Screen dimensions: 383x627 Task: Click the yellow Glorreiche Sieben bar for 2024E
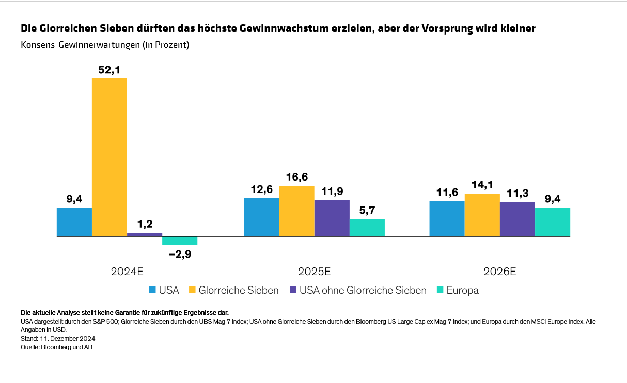point(109,157)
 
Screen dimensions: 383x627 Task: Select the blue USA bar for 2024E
point(74,222)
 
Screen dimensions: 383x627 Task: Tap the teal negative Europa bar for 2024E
point(180,241)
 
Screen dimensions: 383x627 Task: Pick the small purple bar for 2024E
point(145,234)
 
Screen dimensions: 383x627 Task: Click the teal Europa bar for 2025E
point(367,228)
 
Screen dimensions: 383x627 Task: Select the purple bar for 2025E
point(332,218)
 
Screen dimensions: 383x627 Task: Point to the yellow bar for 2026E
point(482,215)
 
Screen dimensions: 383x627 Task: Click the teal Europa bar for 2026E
point(553,222)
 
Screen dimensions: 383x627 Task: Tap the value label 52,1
point(109,69)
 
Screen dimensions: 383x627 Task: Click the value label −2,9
point(180,253)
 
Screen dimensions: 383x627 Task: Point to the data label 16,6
point(297,177)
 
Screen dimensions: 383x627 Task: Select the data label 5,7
point(367,210)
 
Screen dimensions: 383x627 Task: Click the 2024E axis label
point(127,272)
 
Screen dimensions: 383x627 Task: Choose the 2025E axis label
point(314,272)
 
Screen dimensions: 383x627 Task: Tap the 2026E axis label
point(500,272)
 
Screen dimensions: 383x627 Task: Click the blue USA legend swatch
point(152,290)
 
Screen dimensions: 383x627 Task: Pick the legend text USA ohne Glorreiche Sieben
point(363,290)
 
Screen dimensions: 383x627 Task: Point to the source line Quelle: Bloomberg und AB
point(56,347)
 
